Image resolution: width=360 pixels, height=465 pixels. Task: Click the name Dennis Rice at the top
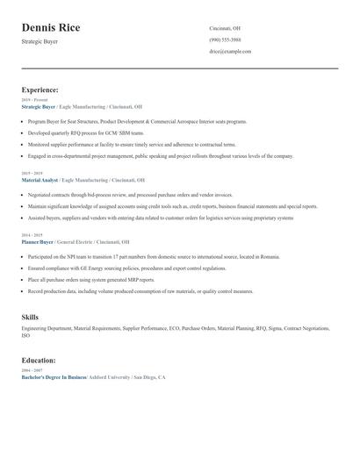click(51, 28)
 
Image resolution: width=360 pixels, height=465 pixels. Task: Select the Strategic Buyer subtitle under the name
click(40, 41)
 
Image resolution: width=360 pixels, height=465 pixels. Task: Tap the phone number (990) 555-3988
click(226, 39)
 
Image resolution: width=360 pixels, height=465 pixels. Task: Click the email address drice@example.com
click(230, 52)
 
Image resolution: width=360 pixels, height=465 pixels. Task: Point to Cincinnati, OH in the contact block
click(225, 28)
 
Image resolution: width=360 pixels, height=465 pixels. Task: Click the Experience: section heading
click(40, 89)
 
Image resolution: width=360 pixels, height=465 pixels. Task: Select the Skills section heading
click(30, 316)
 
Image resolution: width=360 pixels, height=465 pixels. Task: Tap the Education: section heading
click(39, 360)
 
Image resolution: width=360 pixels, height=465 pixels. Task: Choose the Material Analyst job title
click(40, 179)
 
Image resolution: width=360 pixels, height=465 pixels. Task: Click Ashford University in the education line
click(110, 376)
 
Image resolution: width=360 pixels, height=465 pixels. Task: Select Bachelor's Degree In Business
click(54, 376)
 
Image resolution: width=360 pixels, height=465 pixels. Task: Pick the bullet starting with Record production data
click(140, 291)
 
